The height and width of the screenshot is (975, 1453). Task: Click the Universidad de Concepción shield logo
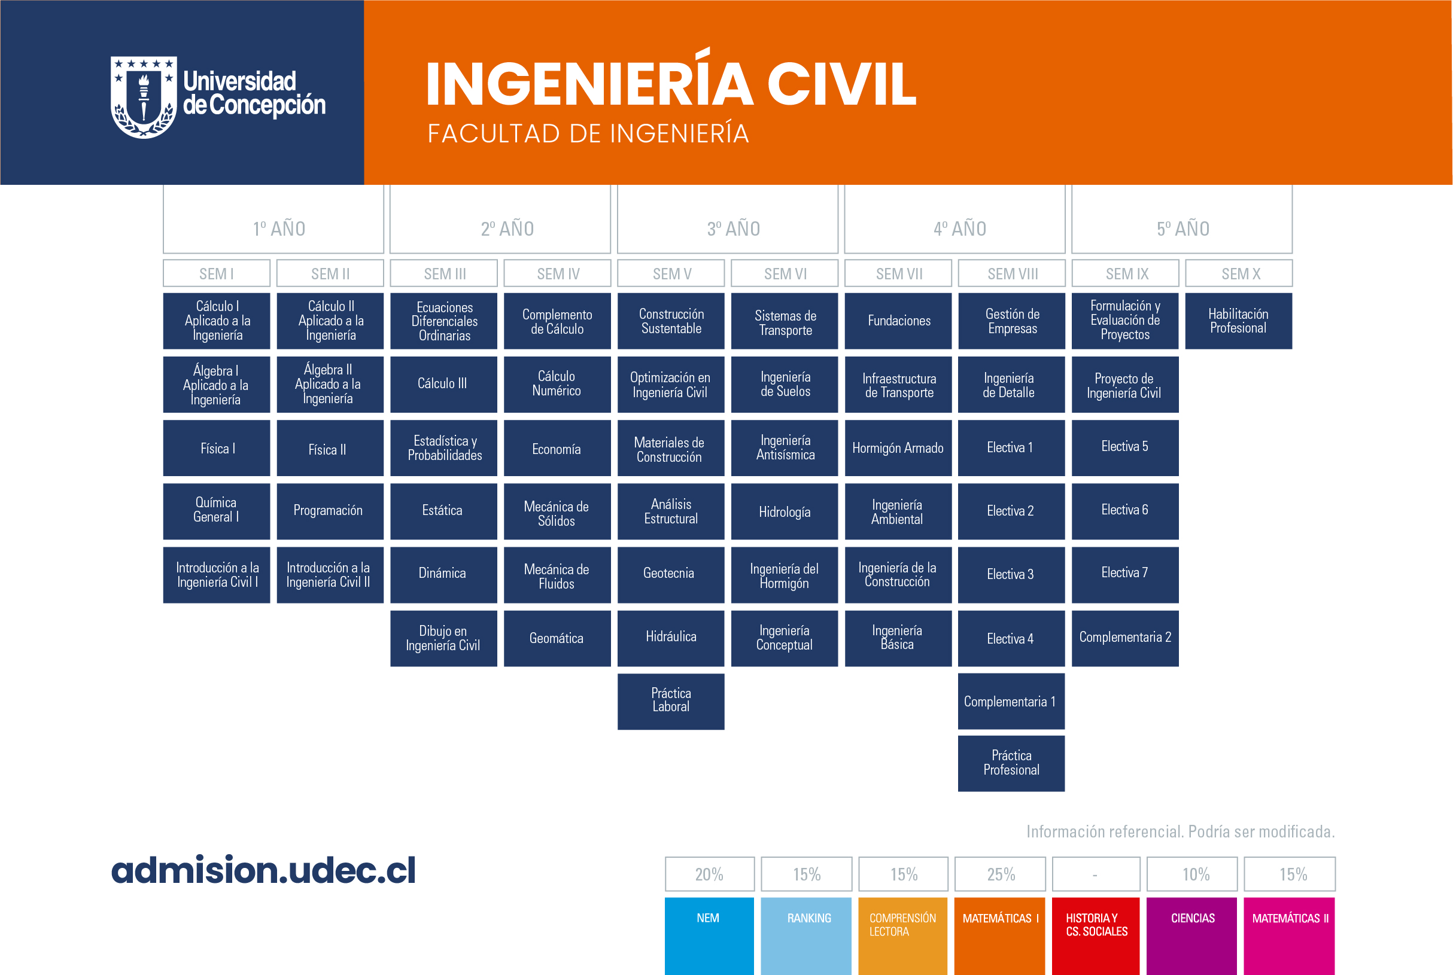(144, 97)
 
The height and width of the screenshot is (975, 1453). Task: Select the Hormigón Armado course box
(898, 447)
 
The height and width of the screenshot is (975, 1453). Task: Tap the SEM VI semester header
(785, 273)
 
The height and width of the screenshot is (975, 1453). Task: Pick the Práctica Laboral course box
(671, 701)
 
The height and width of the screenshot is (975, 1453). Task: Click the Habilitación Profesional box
(1238, 321)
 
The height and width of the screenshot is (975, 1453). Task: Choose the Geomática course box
(557, 638)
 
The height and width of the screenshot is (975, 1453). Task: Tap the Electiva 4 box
(1011, 638)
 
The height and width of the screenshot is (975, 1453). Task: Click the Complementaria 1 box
(1011, 701)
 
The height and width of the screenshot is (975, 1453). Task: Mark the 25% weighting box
(1000, 874)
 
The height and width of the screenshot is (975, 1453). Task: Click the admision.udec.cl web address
(263, 869)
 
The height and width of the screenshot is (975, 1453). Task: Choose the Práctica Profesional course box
(1011, 763)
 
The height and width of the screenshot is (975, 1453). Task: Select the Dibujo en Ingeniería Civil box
(443, 638)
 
